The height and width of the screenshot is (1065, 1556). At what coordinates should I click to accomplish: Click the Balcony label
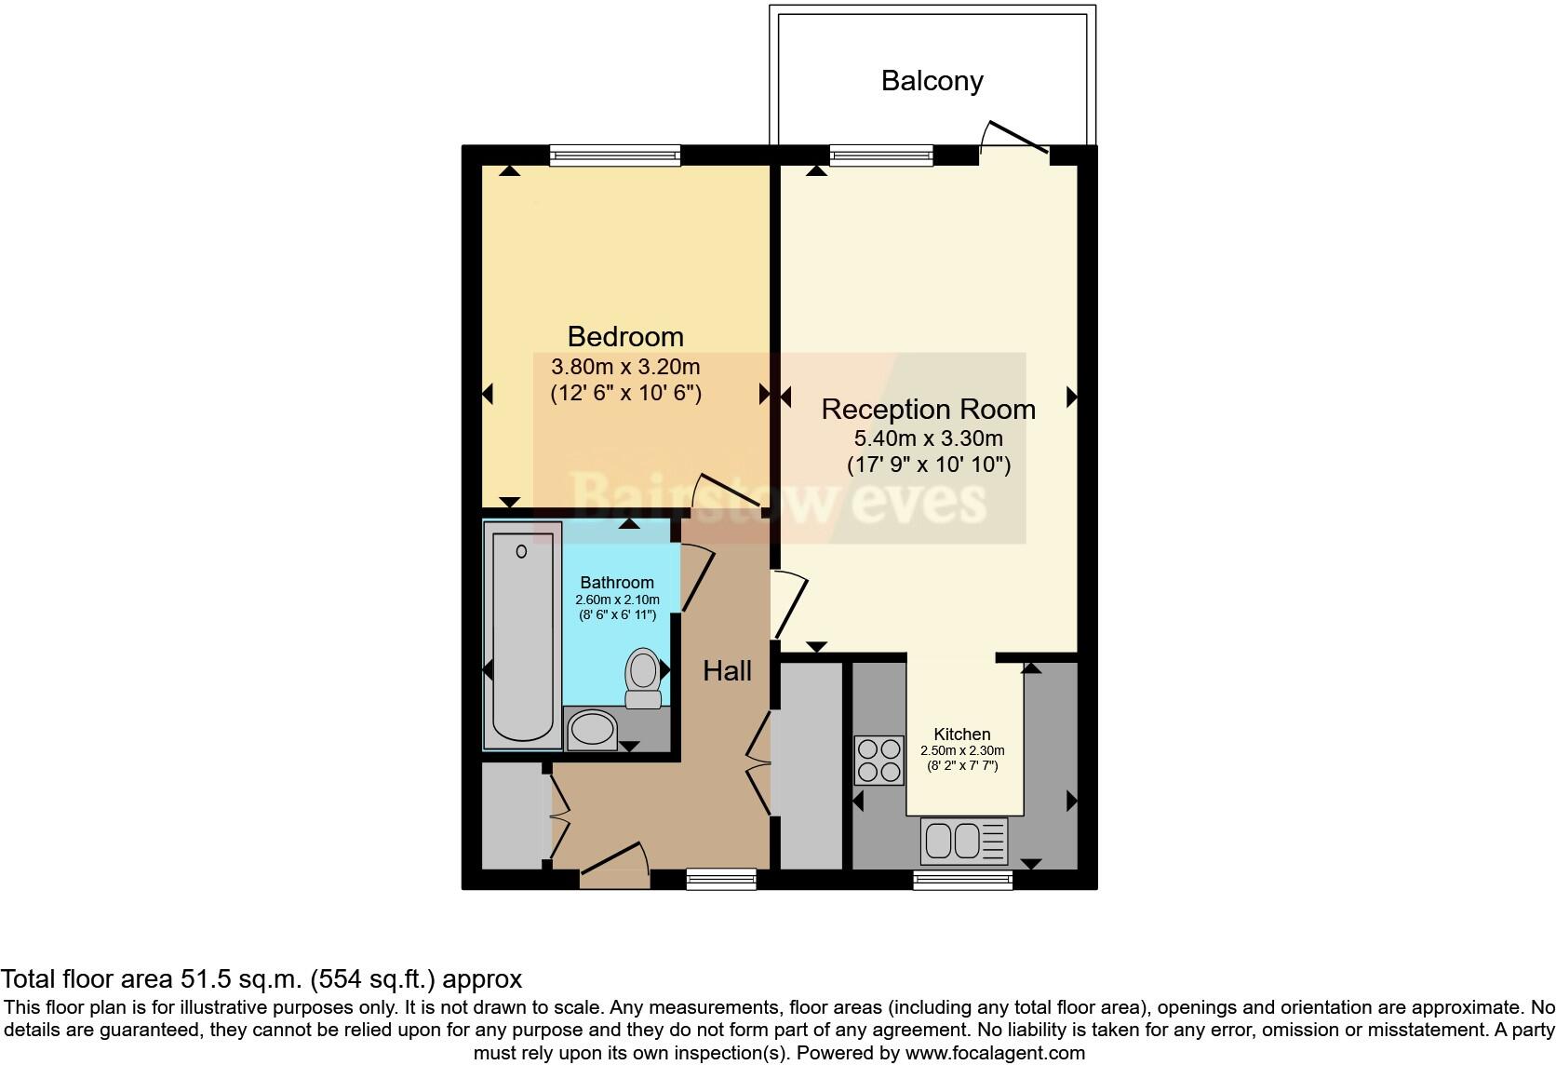tap(932, 81)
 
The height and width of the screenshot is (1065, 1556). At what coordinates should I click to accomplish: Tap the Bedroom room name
tap(625, 336)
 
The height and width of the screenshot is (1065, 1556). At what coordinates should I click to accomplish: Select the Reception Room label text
tap(928, 410)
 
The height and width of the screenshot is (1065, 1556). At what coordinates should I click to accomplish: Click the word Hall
tap(727, 670)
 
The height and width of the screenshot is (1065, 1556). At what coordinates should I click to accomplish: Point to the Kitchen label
tap(962, 735)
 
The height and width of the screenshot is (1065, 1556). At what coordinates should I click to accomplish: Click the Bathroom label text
tap(617, 583)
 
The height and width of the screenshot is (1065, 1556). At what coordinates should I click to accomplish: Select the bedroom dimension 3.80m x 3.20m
tap(625, 366)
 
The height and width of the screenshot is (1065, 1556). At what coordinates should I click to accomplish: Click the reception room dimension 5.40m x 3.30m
tap(928, 438)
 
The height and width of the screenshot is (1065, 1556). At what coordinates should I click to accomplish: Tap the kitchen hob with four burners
tap(879, 760)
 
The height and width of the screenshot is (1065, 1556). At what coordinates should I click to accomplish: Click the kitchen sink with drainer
tap(964, 841)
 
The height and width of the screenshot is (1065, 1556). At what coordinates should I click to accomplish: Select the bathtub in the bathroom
tap(521, 636)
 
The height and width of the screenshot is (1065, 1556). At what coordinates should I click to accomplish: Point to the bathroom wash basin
tap(593, 729)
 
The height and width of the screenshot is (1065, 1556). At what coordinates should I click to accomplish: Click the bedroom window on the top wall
tap(614, 155)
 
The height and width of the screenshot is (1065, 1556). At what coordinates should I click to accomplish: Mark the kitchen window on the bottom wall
tap(962, 880)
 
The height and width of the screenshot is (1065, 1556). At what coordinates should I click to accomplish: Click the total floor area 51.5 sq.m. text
tap(262, 979)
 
